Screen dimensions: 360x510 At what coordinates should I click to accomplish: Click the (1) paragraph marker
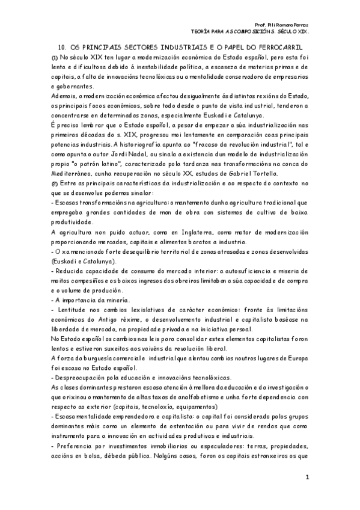pyautogui.click(x=55, y=56)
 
